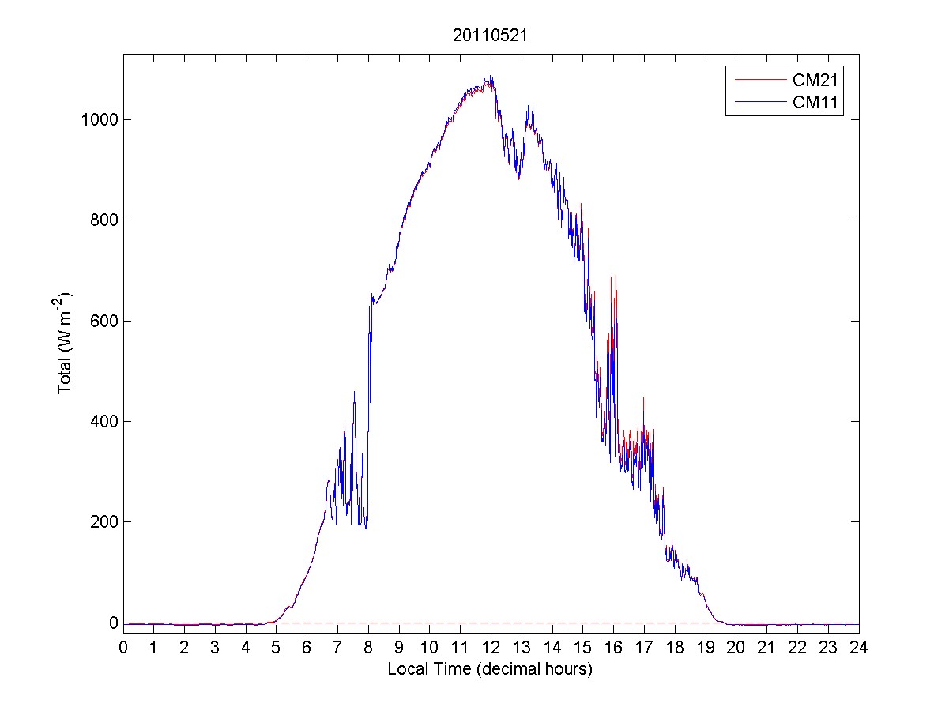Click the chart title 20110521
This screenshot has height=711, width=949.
tap(491, 36)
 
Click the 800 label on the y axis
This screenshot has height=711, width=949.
tap(105, 220)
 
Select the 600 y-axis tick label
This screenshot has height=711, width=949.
tap(105, 321)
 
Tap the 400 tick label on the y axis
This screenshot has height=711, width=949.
tap(105, 421)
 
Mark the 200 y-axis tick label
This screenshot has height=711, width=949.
tap(105, 521)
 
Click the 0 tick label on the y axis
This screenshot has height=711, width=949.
tap(114, 623)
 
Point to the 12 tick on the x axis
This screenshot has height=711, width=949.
tap(491, 648)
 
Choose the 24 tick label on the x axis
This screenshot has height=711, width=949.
tap(859, 648)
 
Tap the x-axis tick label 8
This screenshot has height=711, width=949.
tap(368, 648)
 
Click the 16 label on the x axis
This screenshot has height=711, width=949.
tap(613, 648)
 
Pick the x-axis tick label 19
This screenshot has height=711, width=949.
tap(706, 648)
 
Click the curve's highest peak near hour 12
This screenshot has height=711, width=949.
tap(491, 77)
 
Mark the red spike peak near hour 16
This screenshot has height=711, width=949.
tap(615, 276)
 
